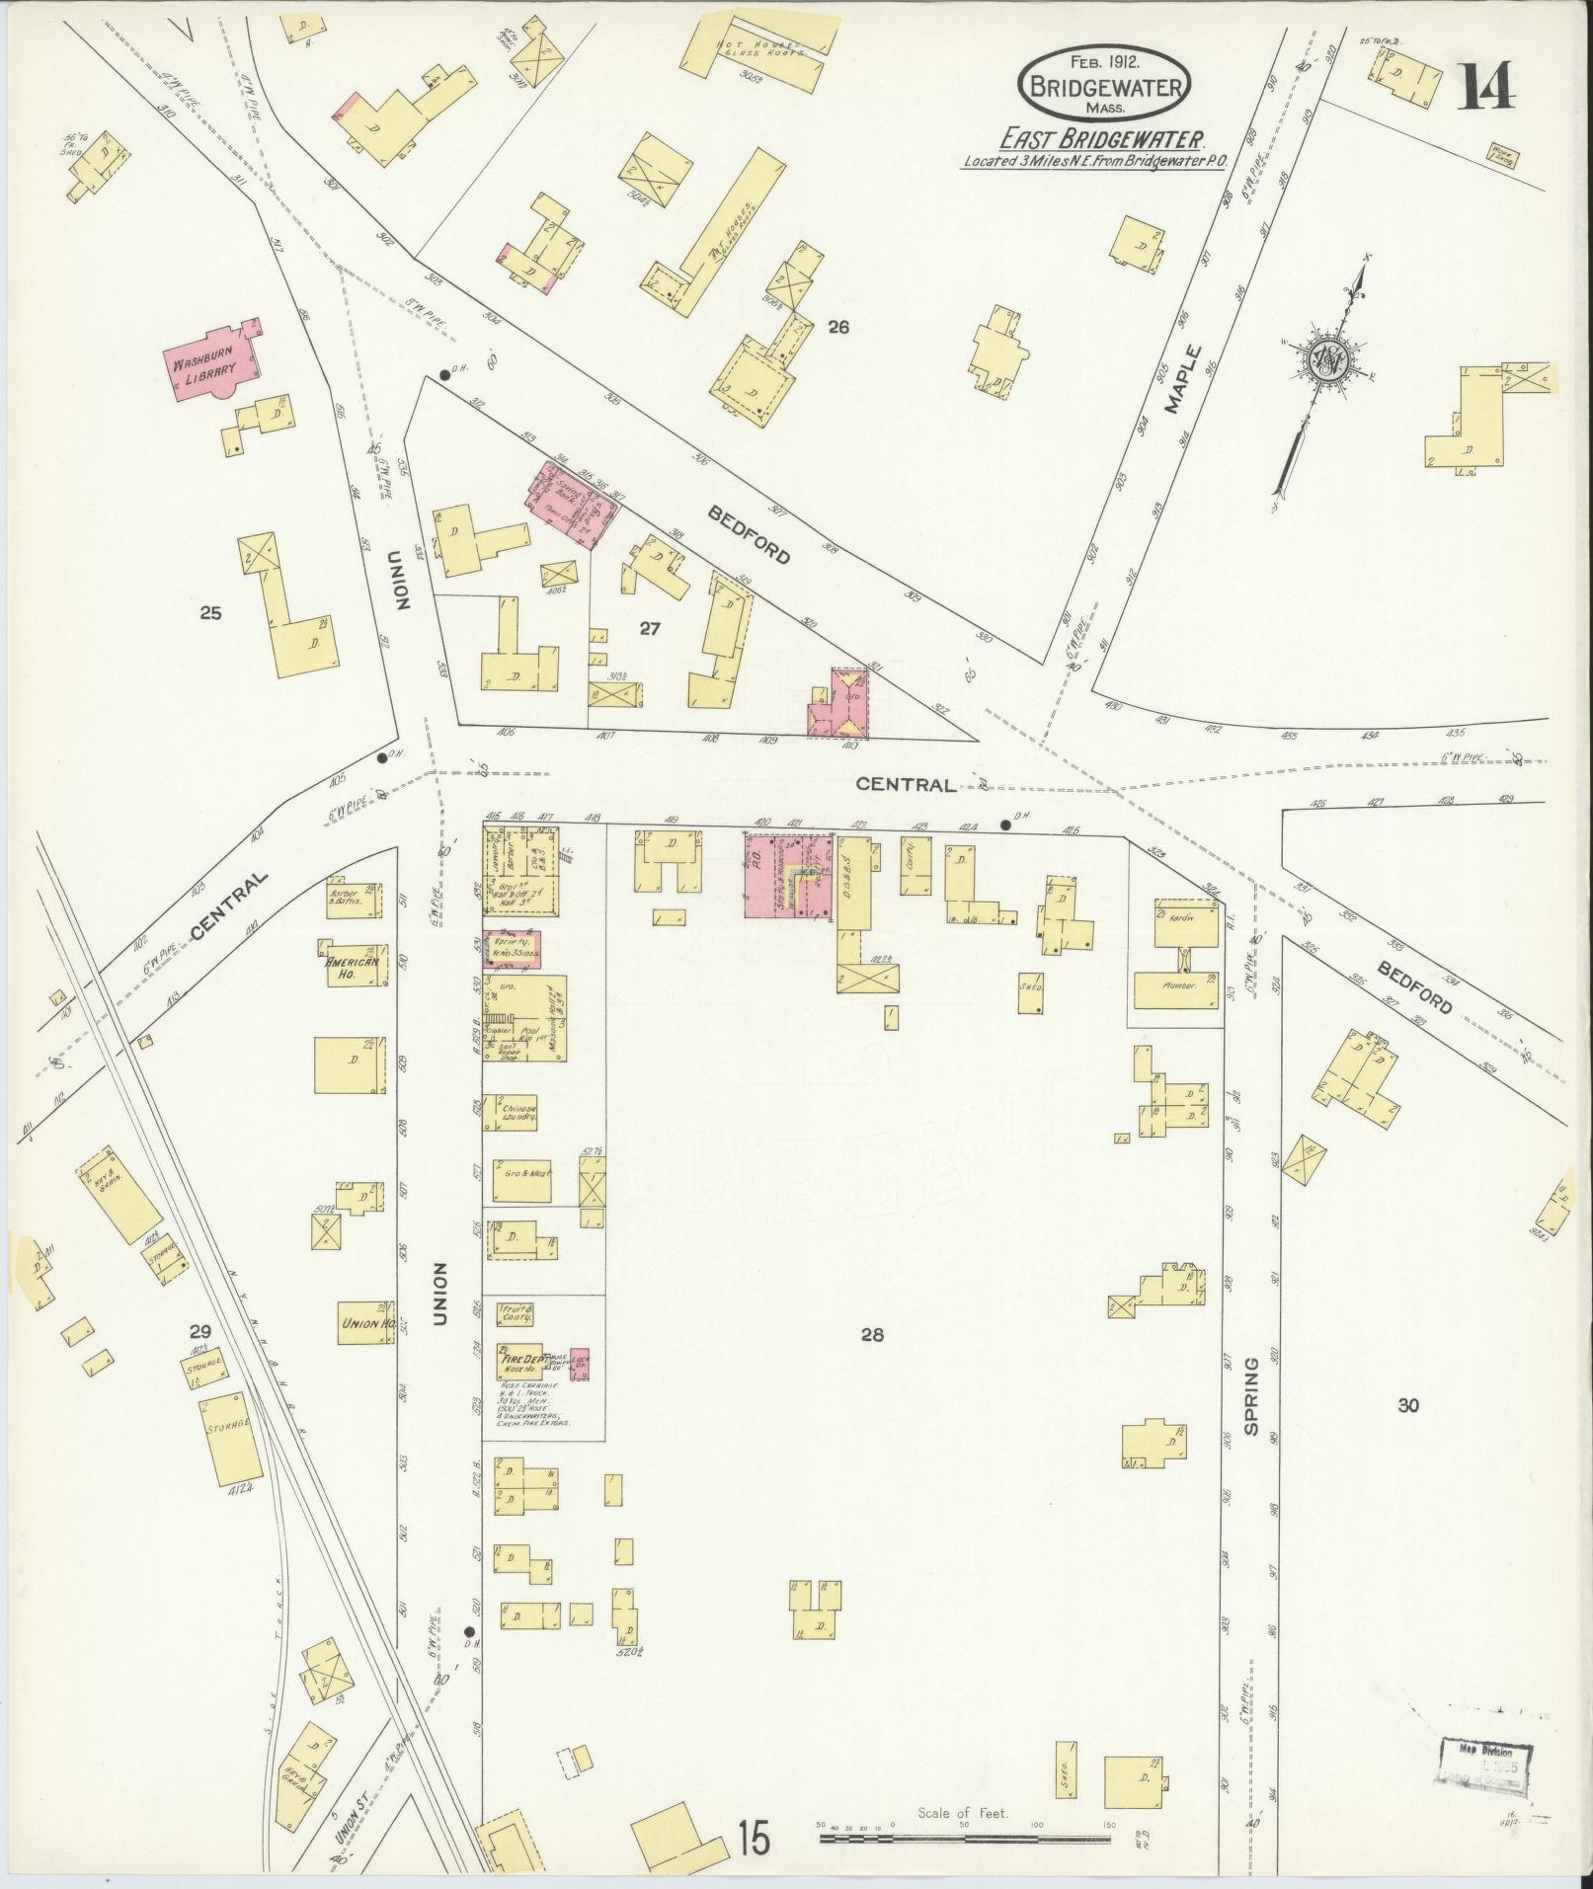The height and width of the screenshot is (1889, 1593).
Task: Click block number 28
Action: (x=871, y=1335)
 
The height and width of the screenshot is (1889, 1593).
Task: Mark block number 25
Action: (x=209, y=612)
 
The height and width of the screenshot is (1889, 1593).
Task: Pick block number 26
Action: (x=838, y=328)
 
